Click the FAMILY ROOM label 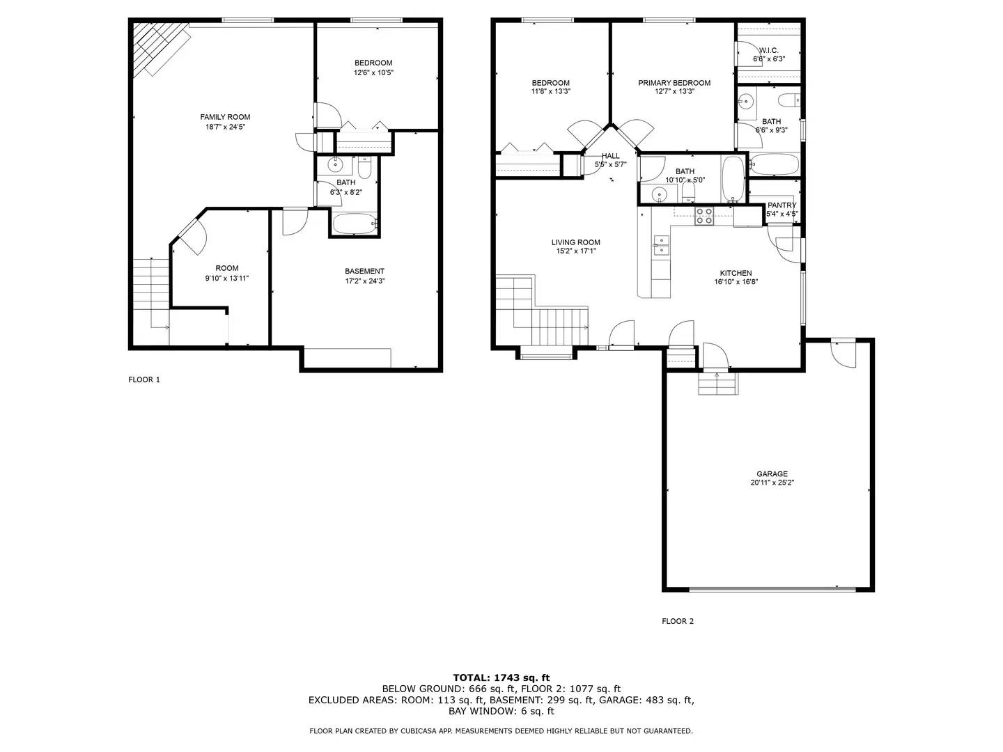[x=225, y=117]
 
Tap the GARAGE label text [x=772, y=473]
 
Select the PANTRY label [x=782, y=205]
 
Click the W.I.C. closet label [x=768, y=50]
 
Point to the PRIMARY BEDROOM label [x=674, y=83]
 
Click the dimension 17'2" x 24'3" [x=364, y=281]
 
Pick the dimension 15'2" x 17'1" [x=575, y=252]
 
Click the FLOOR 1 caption [x=144, y=379]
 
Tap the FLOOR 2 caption [x=677, y=621]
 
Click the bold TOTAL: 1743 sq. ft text [x=501, y=677]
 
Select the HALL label [x=610, y=156]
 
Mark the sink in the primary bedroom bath [x=746, y=102]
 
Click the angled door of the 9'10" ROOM [x=189, y=233]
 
